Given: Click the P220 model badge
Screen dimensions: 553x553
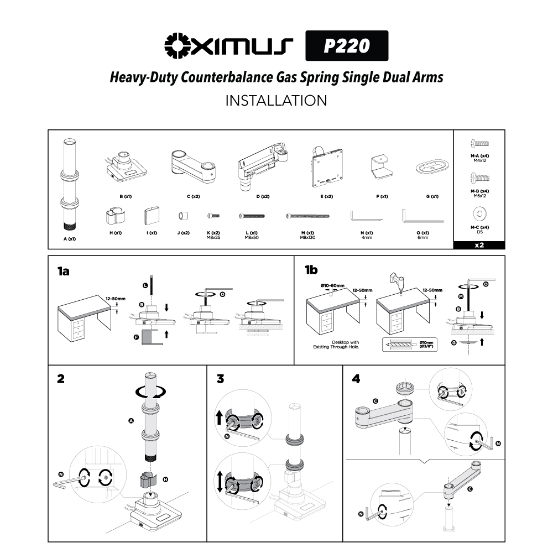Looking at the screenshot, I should pos(347,45).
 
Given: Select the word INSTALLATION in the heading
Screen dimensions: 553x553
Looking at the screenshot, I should pos(276,101).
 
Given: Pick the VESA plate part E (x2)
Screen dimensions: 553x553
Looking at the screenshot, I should pos(322,165).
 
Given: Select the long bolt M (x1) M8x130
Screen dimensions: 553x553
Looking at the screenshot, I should pos(308,216).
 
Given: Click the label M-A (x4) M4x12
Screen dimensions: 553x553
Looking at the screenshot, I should pos(479,158).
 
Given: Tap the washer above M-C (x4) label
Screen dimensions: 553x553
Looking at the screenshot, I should pos(479,213).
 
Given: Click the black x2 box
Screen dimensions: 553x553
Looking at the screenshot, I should pos(479,245).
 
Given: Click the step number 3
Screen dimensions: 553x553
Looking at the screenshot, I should pos(221,379).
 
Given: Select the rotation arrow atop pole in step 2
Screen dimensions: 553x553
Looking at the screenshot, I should pos(151,392).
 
